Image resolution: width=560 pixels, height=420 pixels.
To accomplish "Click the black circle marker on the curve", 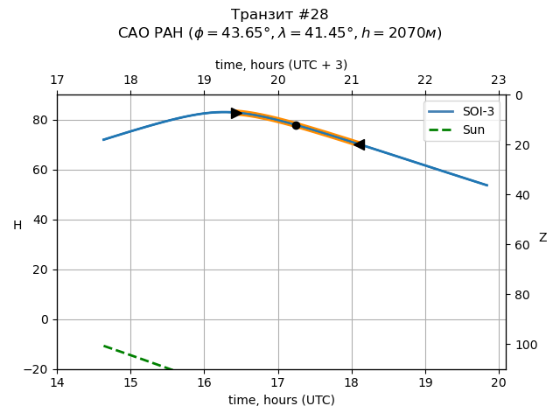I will tap(296, 125).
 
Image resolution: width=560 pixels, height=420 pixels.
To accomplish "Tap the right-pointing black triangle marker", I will tap(236, 113).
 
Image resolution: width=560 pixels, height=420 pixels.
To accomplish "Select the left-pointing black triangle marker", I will tap(359, 144).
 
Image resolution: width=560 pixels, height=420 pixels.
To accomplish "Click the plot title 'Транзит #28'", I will tap(280, 15).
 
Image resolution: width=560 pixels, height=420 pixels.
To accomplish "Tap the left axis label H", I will tap(17, 226).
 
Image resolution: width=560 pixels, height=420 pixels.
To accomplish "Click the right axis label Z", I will tap(542, 237).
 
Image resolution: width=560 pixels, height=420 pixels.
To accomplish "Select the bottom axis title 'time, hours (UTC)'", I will tap(281, 400).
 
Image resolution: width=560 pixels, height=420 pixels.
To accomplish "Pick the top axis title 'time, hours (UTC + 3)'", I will tap(281, 65).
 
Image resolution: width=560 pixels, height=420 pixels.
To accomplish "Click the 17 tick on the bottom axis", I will tap(277, 381).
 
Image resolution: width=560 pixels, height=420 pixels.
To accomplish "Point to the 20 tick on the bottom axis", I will tap(499, 381).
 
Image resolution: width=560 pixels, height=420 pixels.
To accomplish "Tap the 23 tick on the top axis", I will tap(499, 80).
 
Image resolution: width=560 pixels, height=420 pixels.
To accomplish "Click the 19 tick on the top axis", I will tap(204, 80).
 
